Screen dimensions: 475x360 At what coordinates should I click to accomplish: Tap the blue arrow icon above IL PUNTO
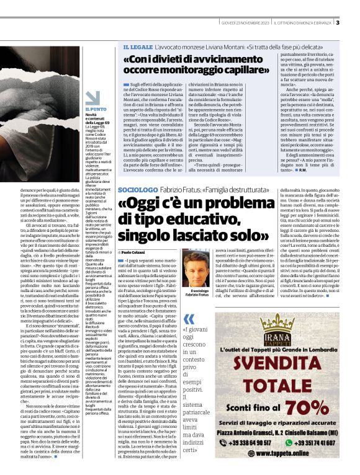tap(92, 97)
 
